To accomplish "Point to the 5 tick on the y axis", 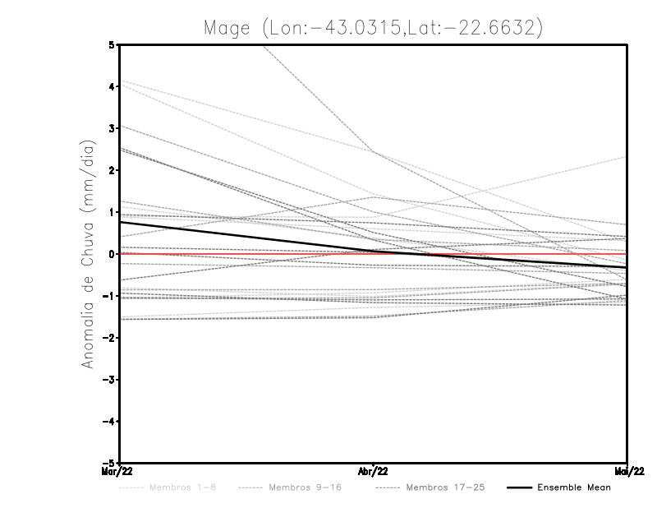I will (112, 44).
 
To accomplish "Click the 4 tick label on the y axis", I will (112, 86).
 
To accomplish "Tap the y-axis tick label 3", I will (112, 128).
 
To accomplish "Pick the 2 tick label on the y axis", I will (112, 170).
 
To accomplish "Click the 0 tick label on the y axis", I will (112, 254).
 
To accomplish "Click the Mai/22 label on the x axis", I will (627, 471).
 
